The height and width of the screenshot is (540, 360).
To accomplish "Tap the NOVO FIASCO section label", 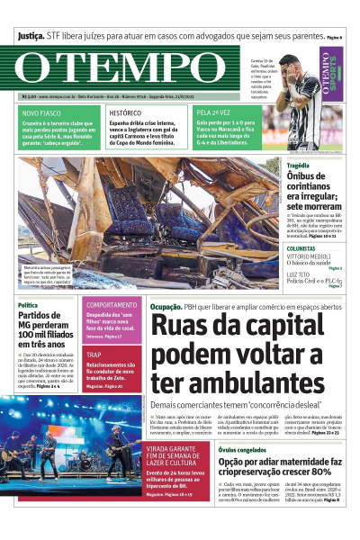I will (x=43, y=113).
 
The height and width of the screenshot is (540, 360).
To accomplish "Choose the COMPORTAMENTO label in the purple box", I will (x=112, y=305).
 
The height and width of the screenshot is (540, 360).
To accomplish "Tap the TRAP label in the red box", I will (x=94, y=355).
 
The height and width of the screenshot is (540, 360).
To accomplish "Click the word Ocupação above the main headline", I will (x=166, y=308).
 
